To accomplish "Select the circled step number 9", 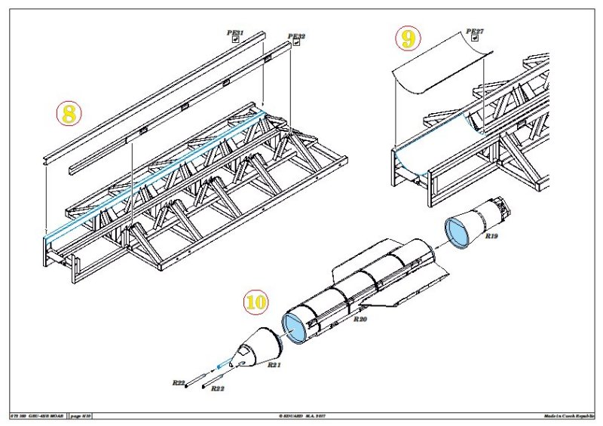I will click(x=408, y=39).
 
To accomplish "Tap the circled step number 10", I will click(x=256, y=302).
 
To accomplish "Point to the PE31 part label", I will click(x=235, y=32).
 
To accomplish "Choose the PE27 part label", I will click(x=475, y=32).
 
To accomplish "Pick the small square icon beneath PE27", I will click(x=475, y=40).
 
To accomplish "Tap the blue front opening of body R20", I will click(x=295, y=328).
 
